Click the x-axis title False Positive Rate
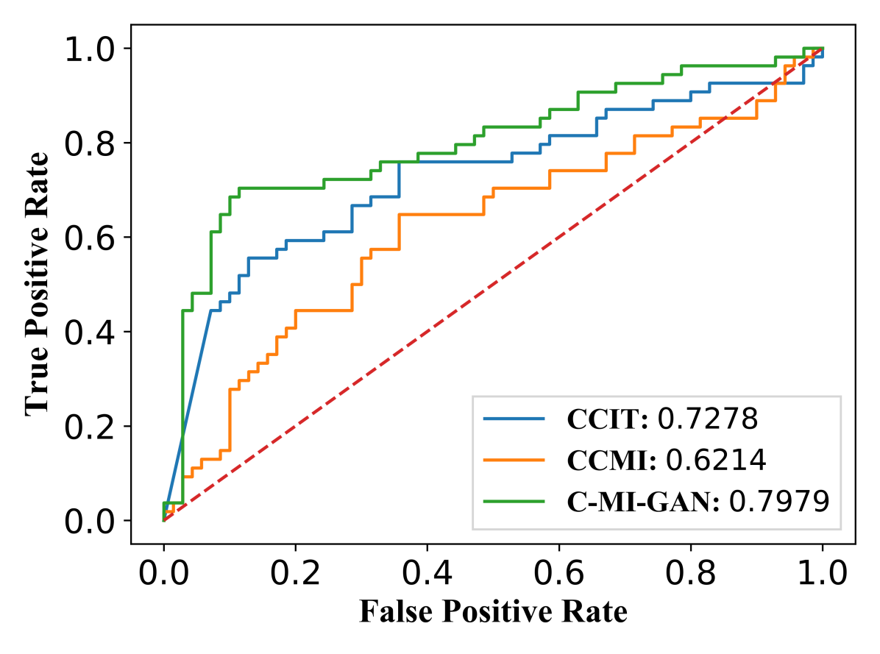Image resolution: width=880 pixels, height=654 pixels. (493, 612)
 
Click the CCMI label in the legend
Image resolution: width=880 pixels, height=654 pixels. (612, 461)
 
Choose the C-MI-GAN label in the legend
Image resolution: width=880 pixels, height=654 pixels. (643, 502)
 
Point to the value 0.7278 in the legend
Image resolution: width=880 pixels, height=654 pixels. (707, 419)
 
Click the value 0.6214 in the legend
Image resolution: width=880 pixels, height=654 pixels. (716, 461)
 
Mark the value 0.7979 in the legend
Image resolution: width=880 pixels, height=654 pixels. (779, 502)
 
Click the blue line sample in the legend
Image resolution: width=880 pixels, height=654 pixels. (514, 419)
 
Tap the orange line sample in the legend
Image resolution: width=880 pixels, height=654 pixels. (514, 461)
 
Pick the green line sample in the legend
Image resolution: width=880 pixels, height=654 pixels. (514, 502)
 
